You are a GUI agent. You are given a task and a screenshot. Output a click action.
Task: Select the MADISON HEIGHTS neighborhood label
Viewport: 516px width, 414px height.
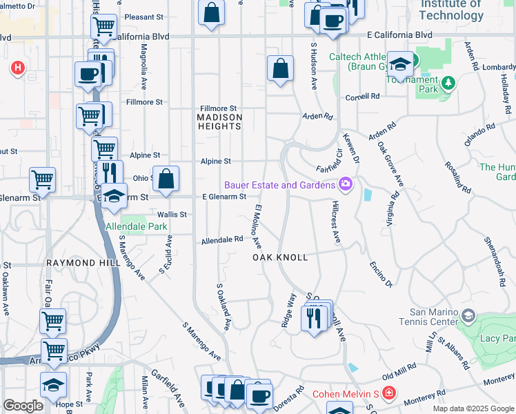point(220,122)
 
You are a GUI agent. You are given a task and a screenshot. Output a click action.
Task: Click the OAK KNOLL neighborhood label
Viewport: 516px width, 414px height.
point(279,257)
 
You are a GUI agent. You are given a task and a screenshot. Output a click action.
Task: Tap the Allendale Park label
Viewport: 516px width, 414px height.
point(137,226)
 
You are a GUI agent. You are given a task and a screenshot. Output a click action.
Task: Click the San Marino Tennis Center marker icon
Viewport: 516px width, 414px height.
point(468,316)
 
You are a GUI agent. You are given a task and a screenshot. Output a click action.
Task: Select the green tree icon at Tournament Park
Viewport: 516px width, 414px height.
point(448,83)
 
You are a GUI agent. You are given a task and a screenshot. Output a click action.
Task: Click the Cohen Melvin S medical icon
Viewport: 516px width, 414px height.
point(389,394)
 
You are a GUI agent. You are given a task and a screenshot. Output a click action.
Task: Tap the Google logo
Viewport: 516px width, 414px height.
point(23,406)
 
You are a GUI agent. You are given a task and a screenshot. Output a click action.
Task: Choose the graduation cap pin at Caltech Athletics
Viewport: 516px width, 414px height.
point(399,63)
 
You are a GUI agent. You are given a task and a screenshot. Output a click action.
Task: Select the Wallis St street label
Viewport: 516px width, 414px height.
point(172,215)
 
